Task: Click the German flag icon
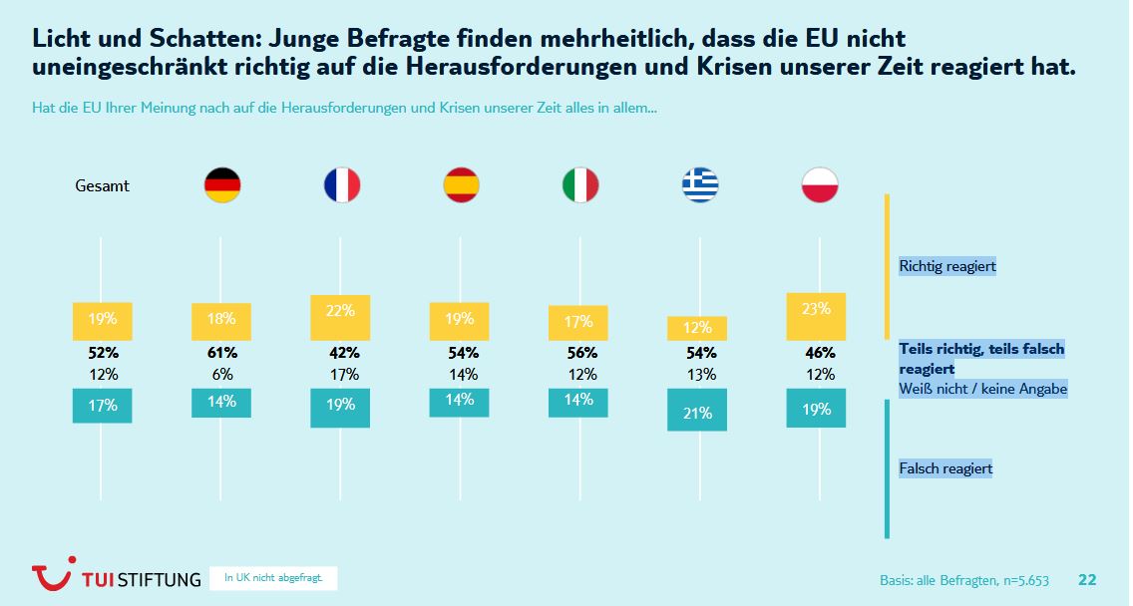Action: [221, 185]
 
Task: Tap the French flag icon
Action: [341, 185]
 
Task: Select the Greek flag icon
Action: [699, 185]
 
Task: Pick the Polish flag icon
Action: [819, 185]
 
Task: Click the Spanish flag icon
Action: [461, 185]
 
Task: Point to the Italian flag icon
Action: [580, 185]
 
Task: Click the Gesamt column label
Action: [103, 185]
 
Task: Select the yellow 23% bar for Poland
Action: [816, 317]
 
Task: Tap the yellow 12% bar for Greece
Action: [697, 328]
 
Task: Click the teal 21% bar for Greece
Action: [697, 410]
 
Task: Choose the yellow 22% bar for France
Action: [340, 318]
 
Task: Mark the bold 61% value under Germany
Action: [222, 353]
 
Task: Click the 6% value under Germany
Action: [222, 375]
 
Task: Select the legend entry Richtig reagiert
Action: [947, 266]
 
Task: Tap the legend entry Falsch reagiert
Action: [945, 468]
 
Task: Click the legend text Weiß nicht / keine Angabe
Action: [983, 389]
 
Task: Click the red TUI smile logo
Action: [52, 576]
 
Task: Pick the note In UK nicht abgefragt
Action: [273, 578]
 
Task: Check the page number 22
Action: [1087, 580]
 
